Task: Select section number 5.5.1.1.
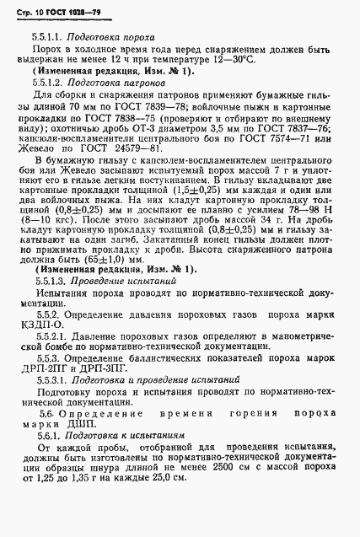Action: coord(49,38)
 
